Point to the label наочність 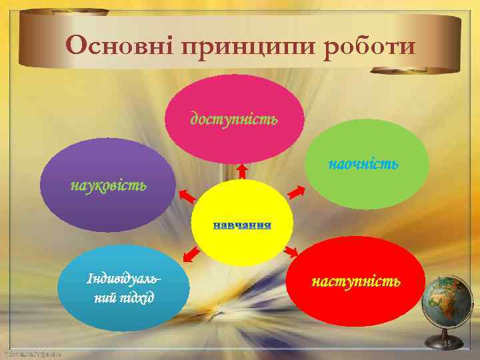point(363,163)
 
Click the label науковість point(109,184)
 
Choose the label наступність point(357,281)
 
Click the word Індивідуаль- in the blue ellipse point(123,277)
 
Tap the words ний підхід point(123,295)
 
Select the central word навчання point(242,225)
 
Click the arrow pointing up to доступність point(242,171)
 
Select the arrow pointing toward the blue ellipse point(191,254)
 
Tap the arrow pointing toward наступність point(291,251)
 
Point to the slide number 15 point(447,343)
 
